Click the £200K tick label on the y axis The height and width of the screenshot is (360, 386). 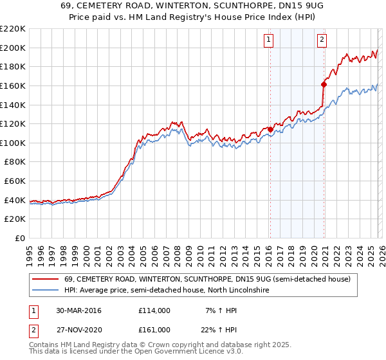pyautogui.click(x=13, y=48)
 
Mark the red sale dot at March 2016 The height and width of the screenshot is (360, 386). pyautogui.click(x=270, y=129)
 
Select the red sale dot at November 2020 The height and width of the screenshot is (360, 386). pyautogui.click(x=324, y=84)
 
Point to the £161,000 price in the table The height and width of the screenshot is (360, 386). pyautogui.click(x=154, y=329)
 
